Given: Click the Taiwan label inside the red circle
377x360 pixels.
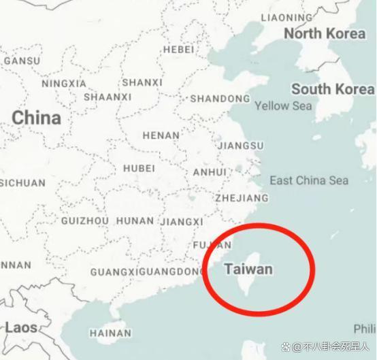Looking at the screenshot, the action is point(248,269).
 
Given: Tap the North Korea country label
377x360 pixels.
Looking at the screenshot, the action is point(325,33).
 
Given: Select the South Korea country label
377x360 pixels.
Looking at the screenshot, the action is point(332,89).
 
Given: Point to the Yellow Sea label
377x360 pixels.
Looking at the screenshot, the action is point(283,105).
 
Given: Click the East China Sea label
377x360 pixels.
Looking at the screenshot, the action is point(308,180).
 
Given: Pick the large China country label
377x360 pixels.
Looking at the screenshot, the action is point(36,118).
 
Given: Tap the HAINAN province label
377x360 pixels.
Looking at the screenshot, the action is point(110,333).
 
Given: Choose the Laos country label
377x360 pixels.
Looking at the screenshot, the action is point(20,327).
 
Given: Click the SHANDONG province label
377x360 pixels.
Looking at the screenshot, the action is point(220,99).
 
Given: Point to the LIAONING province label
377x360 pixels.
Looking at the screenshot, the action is point(286,17).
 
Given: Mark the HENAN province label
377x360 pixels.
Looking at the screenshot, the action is point(161,135).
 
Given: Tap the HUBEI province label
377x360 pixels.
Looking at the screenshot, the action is point(139,168).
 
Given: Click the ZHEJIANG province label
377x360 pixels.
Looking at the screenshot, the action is point(242,198).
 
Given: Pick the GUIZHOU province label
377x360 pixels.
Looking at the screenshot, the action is point(85,221).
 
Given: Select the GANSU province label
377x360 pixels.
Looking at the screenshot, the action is point(22,61).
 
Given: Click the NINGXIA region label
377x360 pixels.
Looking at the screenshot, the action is point(64,84).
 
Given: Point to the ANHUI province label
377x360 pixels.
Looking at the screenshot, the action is point(209,172).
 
